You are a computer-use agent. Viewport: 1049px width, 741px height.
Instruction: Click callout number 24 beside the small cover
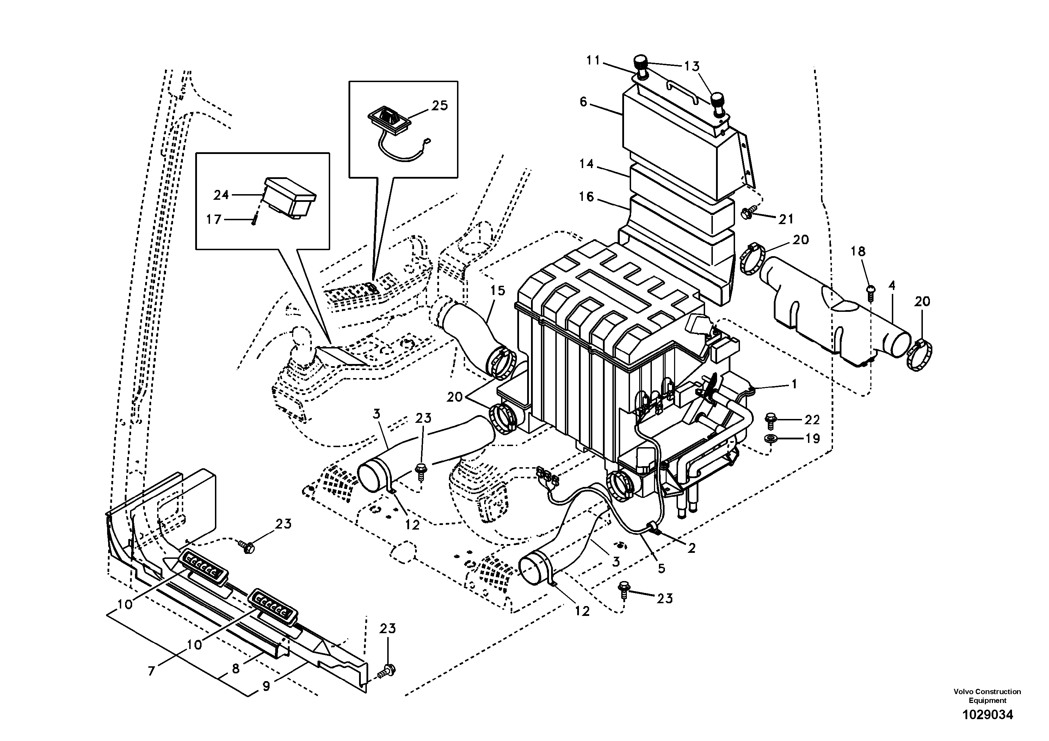(x=221, y=195)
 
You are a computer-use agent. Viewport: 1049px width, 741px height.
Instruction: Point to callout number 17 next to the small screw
(x=214, y=220)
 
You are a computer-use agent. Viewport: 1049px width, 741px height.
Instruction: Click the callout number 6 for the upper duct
(x=584, y=102)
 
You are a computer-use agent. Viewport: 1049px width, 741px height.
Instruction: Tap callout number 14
(x=587, y=163)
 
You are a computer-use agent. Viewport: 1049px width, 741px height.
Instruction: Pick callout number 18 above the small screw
(x=858, y=251)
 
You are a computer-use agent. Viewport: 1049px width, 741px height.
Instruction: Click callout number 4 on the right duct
(x=891, y=286)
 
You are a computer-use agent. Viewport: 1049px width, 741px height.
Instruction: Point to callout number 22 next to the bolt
(x=812, y=419)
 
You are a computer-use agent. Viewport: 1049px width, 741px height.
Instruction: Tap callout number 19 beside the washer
(x=812, y=439)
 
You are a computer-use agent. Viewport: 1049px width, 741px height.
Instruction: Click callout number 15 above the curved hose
(x=498, y=291)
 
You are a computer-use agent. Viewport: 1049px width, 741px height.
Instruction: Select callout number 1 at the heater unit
(x=794, y=384)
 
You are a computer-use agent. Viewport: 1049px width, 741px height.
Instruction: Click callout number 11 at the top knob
(x=593, y=60)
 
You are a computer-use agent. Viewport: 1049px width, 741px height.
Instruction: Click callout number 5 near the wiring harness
(x=661, y=568)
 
